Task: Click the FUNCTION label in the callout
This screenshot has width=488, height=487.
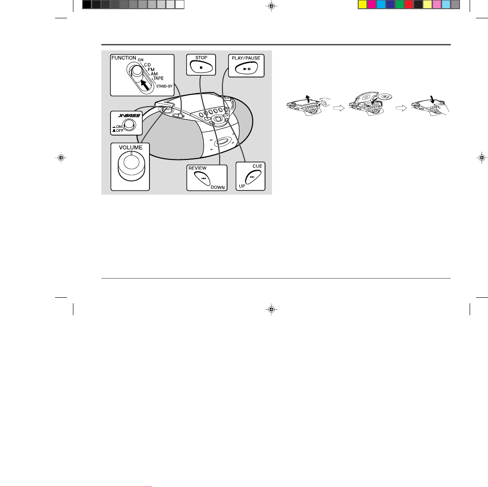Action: pos(123,58)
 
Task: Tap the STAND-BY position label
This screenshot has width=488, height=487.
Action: pos(164,86)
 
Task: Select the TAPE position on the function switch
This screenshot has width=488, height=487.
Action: pos(158,78)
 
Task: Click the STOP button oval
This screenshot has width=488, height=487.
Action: pos(201,67)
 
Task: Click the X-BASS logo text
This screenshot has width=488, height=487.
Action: pos(129,115)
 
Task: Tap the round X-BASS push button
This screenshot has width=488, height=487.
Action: pos(129,125)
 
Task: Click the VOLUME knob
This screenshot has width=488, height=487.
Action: pos(131,167)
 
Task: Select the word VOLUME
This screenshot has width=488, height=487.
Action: pos(131,148)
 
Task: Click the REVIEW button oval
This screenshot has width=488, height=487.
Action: pos(202,178)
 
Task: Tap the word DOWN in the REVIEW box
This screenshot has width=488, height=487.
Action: pos(217,187)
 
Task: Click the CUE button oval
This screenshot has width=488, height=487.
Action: pos(253,177)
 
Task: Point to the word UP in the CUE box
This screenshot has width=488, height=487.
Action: pos(242,186)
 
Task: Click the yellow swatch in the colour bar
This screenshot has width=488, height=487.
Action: pos(363,4)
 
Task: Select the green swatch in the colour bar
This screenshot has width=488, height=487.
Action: pos(399,4)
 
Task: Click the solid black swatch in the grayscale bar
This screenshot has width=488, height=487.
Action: pos(87,4)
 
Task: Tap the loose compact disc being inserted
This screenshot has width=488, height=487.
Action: pos(385,97)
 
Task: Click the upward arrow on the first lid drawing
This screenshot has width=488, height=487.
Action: pos(308,98)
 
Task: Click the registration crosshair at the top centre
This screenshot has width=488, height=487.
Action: pos(272,6)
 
